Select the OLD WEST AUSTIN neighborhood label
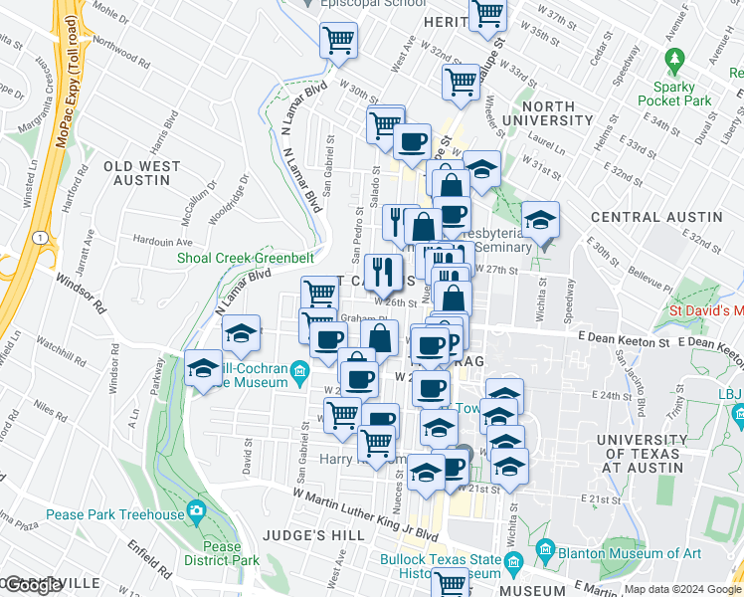142,174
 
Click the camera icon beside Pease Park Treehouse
196,511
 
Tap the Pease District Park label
222,554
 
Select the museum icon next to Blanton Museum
545,549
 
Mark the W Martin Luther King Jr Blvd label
365,511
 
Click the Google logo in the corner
34,585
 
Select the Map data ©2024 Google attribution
681,589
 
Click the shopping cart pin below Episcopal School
338,41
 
